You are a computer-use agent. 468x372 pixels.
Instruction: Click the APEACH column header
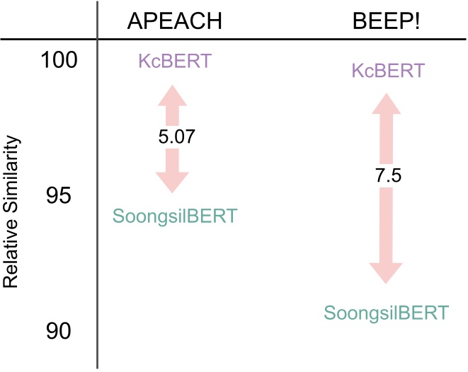click(175, 21)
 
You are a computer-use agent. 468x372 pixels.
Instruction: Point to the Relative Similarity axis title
click(11, 212)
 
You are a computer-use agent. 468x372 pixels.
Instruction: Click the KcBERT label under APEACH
click(175, 61)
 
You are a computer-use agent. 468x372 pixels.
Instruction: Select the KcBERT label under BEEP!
click(387, 71)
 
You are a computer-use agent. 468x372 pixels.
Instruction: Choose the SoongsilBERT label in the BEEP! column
click(386, 313)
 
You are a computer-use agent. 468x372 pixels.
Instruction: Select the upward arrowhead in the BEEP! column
click(386, 105)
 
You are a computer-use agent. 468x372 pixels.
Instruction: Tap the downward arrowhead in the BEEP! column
click(386, 272)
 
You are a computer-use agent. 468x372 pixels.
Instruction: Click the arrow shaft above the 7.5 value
click(386, 141)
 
